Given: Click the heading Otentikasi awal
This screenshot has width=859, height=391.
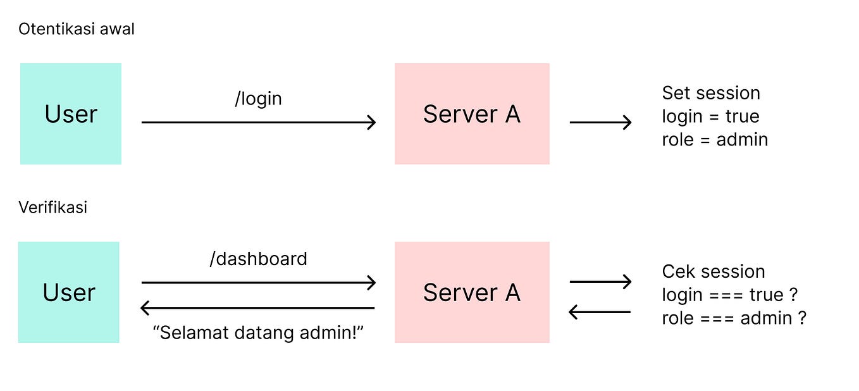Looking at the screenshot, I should [76, 29].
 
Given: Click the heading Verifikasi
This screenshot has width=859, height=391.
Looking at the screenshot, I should [53, 208].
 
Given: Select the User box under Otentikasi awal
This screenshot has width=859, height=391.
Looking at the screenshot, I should [70, 114].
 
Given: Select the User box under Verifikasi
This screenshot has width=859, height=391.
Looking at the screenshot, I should [68, 292].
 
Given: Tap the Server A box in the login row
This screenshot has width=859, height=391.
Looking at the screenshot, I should [472, 114].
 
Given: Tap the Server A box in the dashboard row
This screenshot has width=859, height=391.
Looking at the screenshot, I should [472, 292].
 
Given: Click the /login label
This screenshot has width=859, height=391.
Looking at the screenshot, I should [258, 99].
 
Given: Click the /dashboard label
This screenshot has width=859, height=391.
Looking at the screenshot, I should [258, 259].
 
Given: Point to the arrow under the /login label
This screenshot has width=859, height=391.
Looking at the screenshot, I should [258, 122].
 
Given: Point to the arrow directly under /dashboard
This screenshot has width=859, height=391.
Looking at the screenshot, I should [258, 282].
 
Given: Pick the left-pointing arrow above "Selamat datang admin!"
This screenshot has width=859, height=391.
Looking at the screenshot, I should [258, 308].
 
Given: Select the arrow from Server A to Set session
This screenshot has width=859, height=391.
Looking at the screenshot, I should [600, 122].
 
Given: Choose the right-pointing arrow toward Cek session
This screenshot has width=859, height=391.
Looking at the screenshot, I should [600, 282].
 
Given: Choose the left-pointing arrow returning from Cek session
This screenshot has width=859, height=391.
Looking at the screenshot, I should [600, 311].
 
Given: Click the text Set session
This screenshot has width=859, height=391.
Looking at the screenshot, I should [710, 93].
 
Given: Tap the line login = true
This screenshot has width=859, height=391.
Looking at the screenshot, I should [710, 116].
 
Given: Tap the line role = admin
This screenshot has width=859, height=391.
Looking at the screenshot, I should [715, 139].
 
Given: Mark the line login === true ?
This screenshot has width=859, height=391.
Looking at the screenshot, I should [729, 295].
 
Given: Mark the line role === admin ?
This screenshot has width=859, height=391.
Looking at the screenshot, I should [734, 318].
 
